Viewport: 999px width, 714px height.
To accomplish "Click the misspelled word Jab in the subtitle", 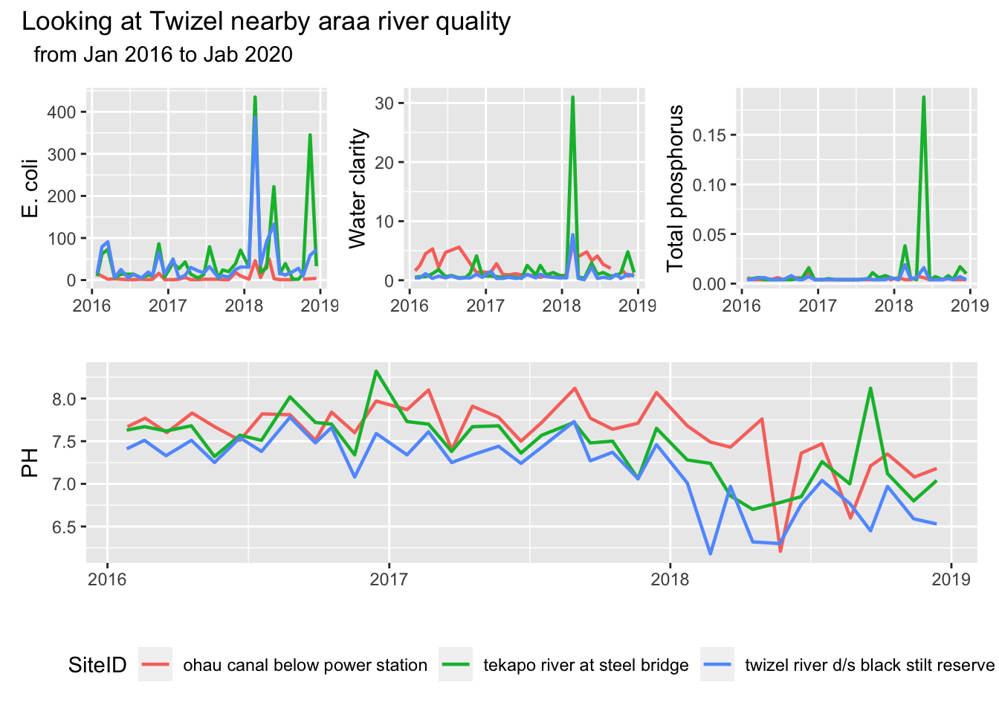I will pos(220,54).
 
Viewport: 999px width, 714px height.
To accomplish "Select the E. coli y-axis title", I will pos(30,188).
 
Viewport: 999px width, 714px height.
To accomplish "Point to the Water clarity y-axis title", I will pos(358,188).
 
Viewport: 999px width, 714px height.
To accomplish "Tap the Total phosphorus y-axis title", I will pos(675,188).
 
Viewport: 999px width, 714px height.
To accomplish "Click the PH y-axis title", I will pos(30,462).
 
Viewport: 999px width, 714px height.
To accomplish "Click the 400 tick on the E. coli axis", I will pos(62,112).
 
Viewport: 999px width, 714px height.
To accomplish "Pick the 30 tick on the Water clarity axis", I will pos(384,103).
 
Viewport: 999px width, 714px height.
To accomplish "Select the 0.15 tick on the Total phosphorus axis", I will pos(709,135).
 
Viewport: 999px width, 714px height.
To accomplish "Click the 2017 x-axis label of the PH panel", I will pos(389,579).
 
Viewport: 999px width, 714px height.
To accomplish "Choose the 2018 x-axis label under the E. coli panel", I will pos(244,306).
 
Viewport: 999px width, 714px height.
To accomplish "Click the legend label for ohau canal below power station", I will pos(305,665).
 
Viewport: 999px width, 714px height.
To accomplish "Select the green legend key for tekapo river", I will pos(456,665).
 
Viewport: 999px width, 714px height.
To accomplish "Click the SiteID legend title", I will pos(97,665).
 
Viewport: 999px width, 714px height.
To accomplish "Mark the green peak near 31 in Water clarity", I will pos(572,97).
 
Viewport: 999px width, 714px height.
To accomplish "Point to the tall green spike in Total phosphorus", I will pos(923,97).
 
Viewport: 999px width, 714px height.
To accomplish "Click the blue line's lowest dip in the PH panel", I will pos(711,553).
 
